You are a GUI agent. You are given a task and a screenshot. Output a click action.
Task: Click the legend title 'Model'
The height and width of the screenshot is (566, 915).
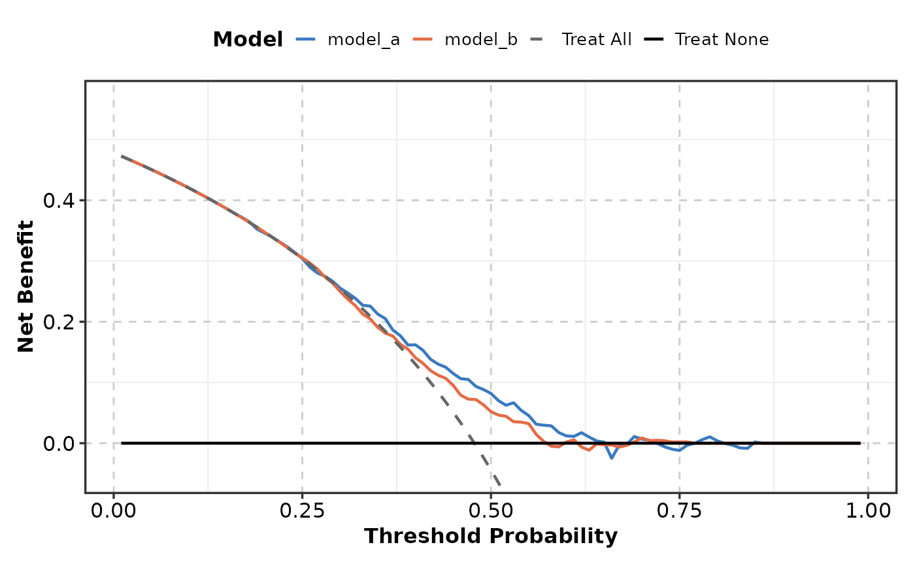tap(248, 40)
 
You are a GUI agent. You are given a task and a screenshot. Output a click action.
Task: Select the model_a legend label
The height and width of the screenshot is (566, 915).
tap(363, 40)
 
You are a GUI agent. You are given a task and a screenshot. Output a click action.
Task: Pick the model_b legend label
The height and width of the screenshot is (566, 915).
tap(480, 40)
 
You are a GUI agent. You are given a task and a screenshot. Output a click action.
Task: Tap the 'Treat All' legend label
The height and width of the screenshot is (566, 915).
tap(597, 40)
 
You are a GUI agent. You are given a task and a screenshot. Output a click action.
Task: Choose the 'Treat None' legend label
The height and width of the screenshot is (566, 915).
tap(722, 40)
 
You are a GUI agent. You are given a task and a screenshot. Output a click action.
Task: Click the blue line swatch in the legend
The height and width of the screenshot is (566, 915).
tap(307, 40)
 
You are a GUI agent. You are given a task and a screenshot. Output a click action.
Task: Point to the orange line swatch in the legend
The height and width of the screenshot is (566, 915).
tap(424, 40)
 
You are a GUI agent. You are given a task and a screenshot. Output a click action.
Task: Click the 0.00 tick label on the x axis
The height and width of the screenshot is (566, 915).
tap(114, 510)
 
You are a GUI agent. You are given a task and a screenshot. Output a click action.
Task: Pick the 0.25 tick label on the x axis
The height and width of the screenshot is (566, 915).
tap(302, 510)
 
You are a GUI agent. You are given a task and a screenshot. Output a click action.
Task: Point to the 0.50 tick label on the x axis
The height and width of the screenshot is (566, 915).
tap(491, 510)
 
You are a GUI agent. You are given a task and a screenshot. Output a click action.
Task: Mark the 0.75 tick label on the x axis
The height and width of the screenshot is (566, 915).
tap(679, 510)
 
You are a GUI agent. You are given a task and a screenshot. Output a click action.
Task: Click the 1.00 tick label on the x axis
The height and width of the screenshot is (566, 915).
tap(867, 510)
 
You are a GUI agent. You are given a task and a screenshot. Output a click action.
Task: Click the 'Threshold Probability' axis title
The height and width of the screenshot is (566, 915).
tap(491, 537)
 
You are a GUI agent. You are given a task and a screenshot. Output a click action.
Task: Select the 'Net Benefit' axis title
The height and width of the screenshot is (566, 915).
tap(26, 286)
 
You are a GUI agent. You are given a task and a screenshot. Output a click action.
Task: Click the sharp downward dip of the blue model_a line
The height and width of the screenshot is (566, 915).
tap(612, 458)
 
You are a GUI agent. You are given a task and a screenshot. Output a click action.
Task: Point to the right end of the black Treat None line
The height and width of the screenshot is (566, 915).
tap(859, 443)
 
